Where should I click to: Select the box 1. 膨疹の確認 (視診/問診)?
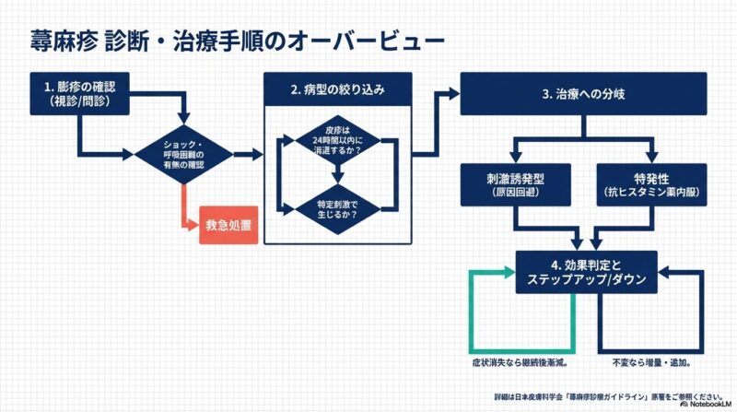coord(82,95)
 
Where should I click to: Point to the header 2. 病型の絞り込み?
coord(337,90)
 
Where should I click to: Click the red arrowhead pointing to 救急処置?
coord(192,224)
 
